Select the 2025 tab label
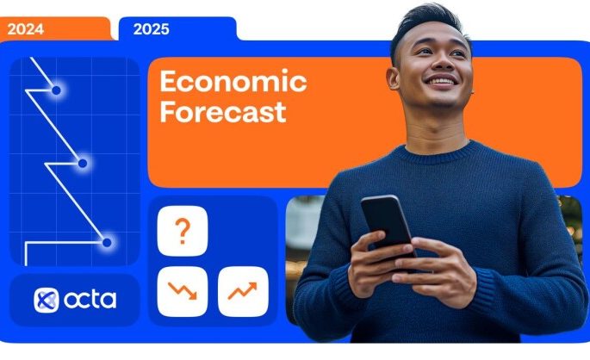(x=152, y=28)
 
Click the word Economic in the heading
(x=233, y=82)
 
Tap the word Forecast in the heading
(x=223, y=112)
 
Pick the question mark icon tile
(x=182, y=232)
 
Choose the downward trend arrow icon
(x=182, y=291)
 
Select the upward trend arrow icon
(x=243, y=291)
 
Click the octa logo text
(x=89, y=299)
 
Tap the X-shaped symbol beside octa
(x=46, y=300)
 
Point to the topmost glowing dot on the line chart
(x=56, y=90)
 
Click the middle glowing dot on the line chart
(x=83, y=163)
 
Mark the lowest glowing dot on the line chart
(x=107, y=243)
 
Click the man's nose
(x=440, y=67)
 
